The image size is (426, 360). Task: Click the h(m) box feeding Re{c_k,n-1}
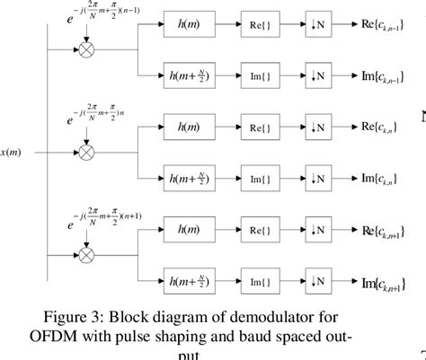coord(191,30)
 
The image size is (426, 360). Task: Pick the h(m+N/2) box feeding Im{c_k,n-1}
coord(191,75)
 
